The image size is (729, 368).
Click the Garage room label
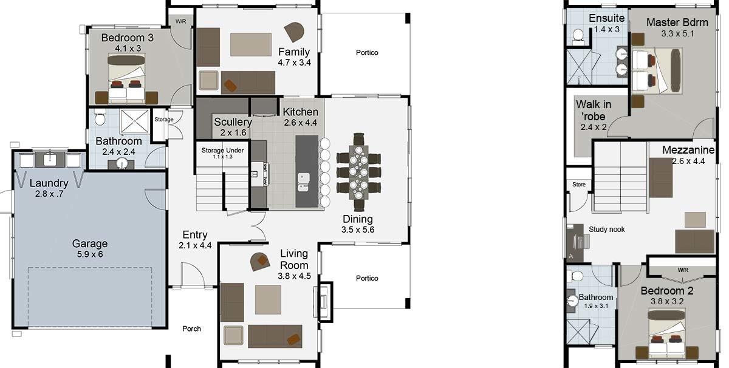click(x=90, y=244)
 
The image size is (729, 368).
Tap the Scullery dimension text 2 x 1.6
click(x=233, y=132)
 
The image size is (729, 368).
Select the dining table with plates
click(x=358, y=172)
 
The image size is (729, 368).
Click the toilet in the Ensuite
click(x=578, y=36)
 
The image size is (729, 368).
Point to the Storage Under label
click(x=222, y=151)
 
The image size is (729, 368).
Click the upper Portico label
click(x=367, y=52)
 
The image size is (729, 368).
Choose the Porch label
click(x=192, y=329)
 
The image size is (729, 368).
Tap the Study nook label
click(x=607, y=230)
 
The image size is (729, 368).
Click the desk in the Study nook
click(x=575, y=242)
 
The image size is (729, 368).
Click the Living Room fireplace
click(x=324, y=302)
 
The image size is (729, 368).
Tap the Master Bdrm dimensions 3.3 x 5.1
click(x=677, y=33)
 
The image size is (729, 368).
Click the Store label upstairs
click(x=579, y=185)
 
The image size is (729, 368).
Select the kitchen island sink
click(x=303, y=182)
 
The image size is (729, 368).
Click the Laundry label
click(x=49, y=183)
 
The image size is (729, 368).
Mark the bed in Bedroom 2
click(x=666, y=333)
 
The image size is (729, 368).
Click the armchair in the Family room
click(x=294, y=32)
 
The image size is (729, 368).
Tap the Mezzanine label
click(x=688, y=150)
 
